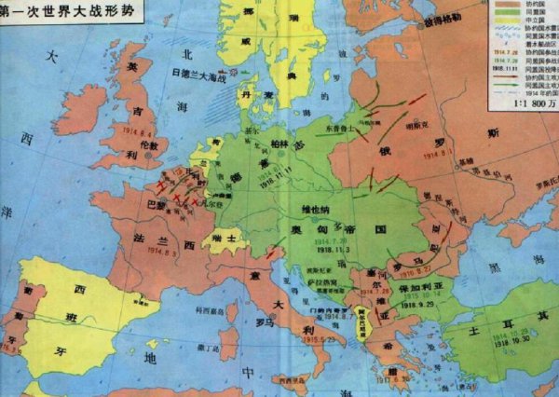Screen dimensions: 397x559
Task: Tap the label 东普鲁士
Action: [342, 122]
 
